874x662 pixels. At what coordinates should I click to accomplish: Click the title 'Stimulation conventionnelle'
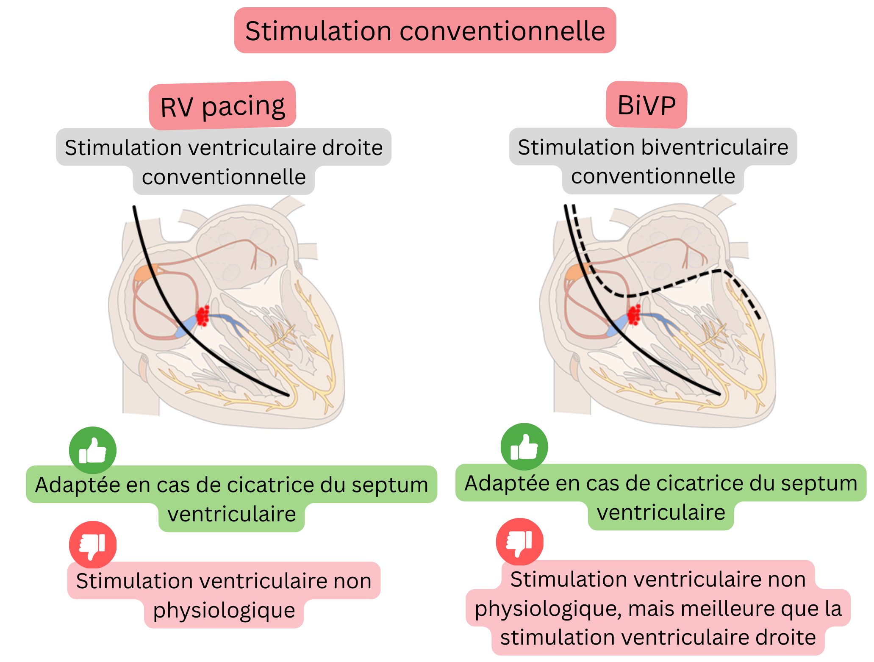425,30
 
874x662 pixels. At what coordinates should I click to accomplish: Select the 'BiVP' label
646,105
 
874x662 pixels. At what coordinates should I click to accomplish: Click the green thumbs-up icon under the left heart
93,450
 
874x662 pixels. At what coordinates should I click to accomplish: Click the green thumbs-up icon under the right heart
524,447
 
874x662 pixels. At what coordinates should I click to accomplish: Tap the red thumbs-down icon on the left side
93,545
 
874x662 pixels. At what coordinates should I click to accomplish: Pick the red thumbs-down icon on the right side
520,542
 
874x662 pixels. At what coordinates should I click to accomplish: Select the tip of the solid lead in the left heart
288,395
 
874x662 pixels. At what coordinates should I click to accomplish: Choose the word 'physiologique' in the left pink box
224,610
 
